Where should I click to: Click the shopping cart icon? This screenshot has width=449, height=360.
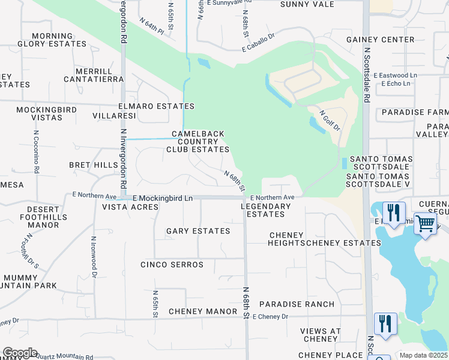425,223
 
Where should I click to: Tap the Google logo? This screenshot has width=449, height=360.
19,353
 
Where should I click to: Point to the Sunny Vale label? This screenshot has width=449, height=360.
307,4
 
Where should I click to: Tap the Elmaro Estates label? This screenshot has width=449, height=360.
158,106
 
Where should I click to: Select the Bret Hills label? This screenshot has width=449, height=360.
94,165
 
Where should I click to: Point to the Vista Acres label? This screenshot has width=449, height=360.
130,207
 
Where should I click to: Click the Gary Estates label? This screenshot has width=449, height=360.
198,231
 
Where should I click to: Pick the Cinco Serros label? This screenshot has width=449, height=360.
172,265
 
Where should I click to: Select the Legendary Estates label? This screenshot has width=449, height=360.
266,210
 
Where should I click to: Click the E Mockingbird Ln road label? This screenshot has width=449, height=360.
163,197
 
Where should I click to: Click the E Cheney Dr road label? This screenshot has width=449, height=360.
270,316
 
